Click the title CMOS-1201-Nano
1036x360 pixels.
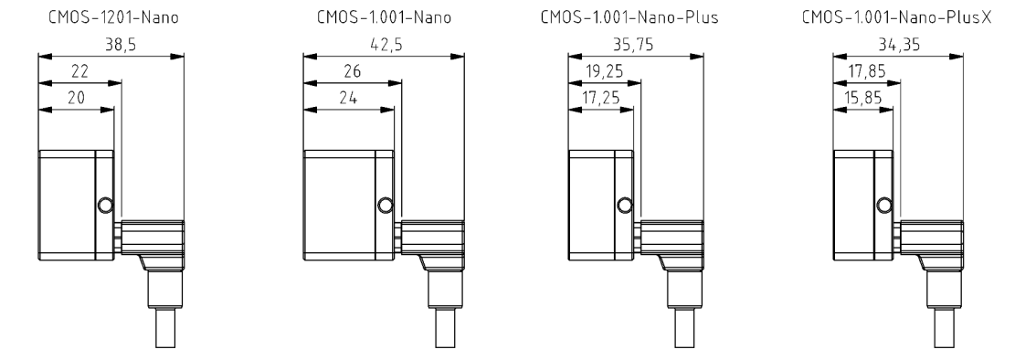[113, 17]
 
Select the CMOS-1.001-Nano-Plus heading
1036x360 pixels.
[629, 17]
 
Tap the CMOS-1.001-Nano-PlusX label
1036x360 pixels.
[896, 17]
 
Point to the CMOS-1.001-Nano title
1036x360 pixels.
[384, 17]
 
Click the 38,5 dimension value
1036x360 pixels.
[121, 45]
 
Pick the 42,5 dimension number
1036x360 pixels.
[386, 45]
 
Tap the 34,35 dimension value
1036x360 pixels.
[899, 45]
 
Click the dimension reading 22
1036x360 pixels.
[79, 71]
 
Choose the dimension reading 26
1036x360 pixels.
[352, 71]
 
